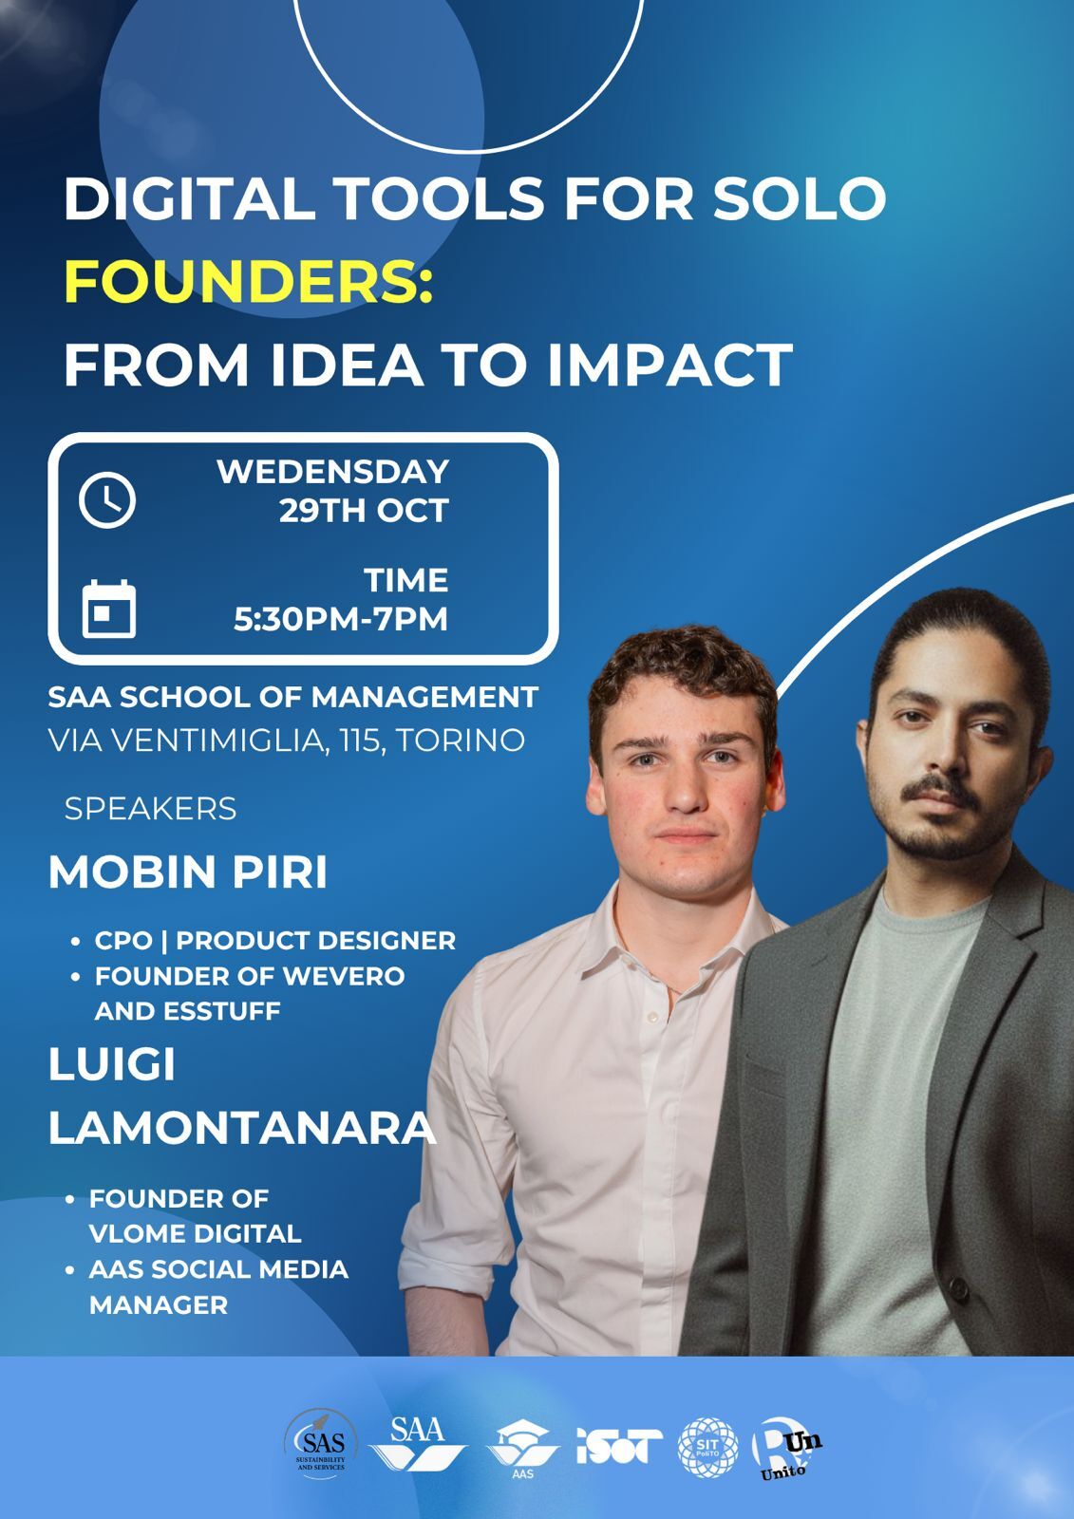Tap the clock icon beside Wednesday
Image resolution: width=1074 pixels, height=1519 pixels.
(107, 499)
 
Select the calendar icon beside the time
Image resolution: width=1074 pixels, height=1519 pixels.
(109, 609)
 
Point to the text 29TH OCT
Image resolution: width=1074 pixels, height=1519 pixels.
(364, 511)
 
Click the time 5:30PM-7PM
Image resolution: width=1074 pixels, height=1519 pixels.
(341, 619)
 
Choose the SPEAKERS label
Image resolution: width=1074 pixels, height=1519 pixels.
(150, 809)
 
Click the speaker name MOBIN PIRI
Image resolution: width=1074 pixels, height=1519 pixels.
(188, 872)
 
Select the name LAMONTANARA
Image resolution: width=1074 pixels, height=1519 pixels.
(241, 1128)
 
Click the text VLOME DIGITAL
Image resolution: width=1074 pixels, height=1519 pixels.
(195, 1234)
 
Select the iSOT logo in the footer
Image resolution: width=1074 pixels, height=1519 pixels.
(619, 1446)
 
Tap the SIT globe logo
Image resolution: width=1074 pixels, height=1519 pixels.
(707, 1447)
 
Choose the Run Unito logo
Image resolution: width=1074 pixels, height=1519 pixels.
(786, 1449)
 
